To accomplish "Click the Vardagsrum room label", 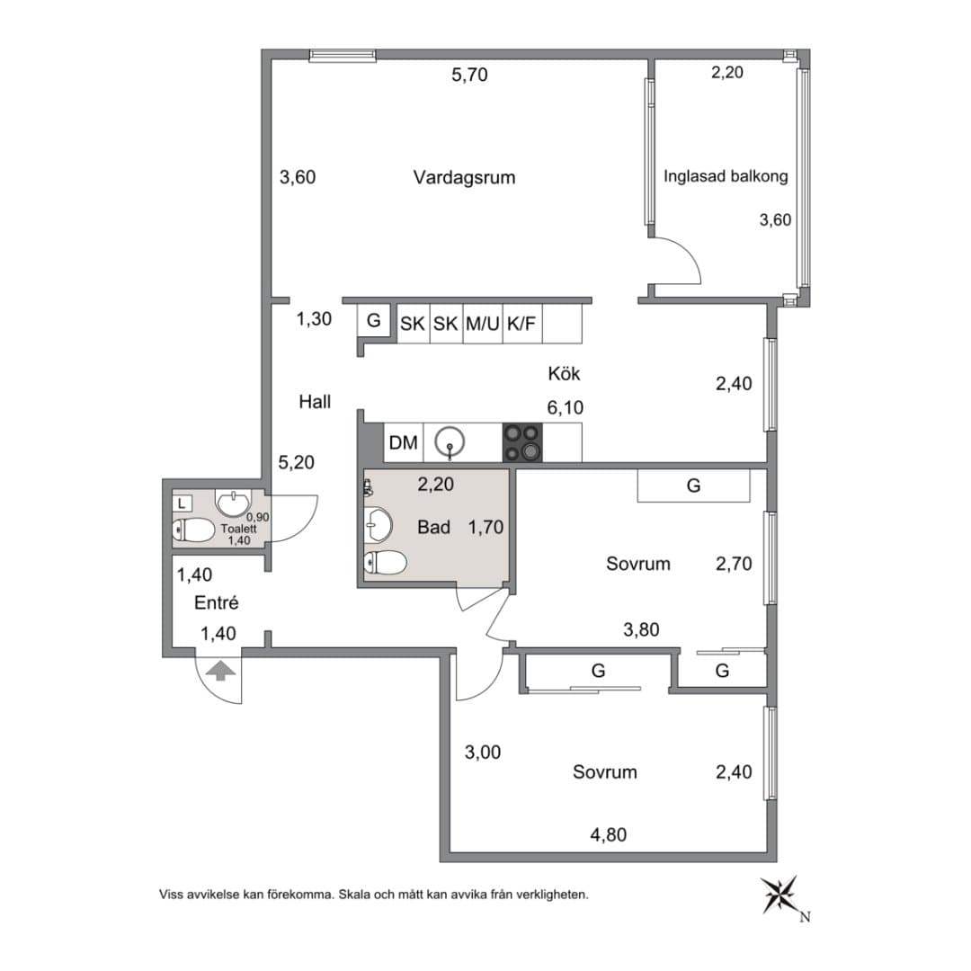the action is [x=464, y=178].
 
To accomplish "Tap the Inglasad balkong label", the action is [x=726, y=176].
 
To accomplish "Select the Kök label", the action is [x=564, y=373].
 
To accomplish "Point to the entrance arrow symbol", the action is [x=220, y=671].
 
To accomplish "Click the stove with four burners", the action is [x=522, y=442].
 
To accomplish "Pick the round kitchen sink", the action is [x=450, y=442].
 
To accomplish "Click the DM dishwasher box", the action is [x=403, y=442].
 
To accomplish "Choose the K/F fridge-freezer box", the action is [x=522, y=324].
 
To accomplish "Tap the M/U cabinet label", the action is [x=483, y=324].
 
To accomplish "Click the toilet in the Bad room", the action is [x=385, y=563].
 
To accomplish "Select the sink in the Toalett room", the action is [x=234, y=503].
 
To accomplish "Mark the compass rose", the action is [x=780, y=895].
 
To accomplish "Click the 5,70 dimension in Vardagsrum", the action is [x=469, y=75].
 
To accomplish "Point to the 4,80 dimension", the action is [x=608, y=834].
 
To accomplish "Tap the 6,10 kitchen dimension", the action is [x=565, y=407].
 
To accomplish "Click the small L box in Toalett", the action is [x=182, y=503].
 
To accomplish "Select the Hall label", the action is [x=315, y=402].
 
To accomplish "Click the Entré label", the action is [x=216, y=602].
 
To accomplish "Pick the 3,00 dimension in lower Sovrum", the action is [x=483, y=753].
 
